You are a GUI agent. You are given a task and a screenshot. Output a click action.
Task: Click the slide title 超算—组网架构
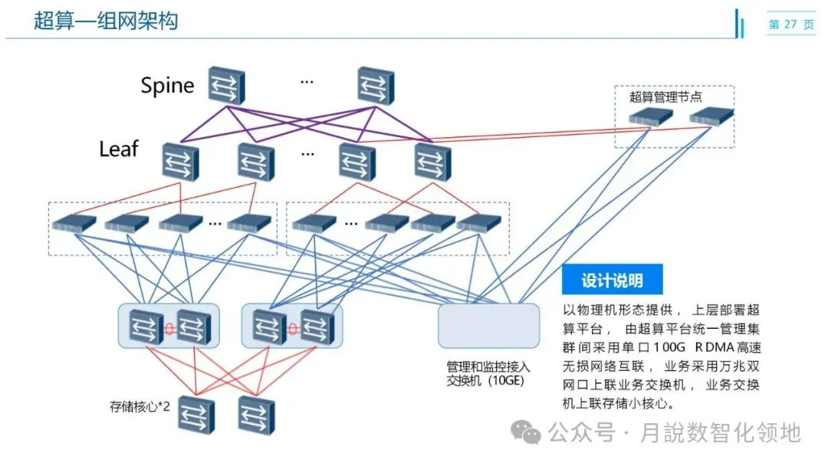coord(106,21)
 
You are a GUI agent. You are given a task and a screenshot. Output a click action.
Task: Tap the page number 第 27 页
coord(791,25)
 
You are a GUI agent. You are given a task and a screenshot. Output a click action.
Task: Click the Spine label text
coord(167,85)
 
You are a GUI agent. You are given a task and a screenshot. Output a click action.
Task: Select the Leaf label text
coord(119,149)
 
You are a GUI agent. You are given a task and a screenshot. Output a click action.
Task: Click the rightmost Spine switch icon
coord(376,86)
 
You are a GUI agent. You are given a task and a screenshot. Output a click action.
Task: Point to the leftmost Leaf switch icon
coord(180,162)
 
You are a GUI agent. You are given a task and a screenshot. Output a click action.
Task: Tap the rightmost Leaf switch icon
coord(433,162)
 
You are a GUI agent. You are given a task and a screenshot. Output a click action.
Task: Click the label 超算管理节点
coord(665,97)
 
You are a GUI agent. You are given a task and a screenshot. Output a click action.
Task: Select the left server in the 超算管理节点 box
coord(651,117)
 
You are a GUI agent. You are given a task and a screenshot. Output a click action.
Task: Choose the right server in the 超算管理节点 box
coord(711,116)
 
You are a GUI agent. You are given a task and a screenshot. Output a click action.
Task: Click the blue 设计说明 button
coord(612,281)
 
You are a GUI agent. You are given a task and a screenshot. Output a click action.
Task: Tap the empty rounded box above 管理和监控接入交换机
coord(488,326)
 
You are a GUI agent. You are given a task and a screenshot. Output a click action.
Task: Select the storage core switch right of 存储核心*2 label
coord(196,415)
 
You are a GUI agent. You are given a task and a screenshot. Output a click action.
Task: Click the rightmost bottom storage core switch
coord(256,415)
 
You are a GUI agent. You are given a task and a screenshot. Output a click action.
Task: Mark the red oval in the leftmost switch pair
coord(169,329)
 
